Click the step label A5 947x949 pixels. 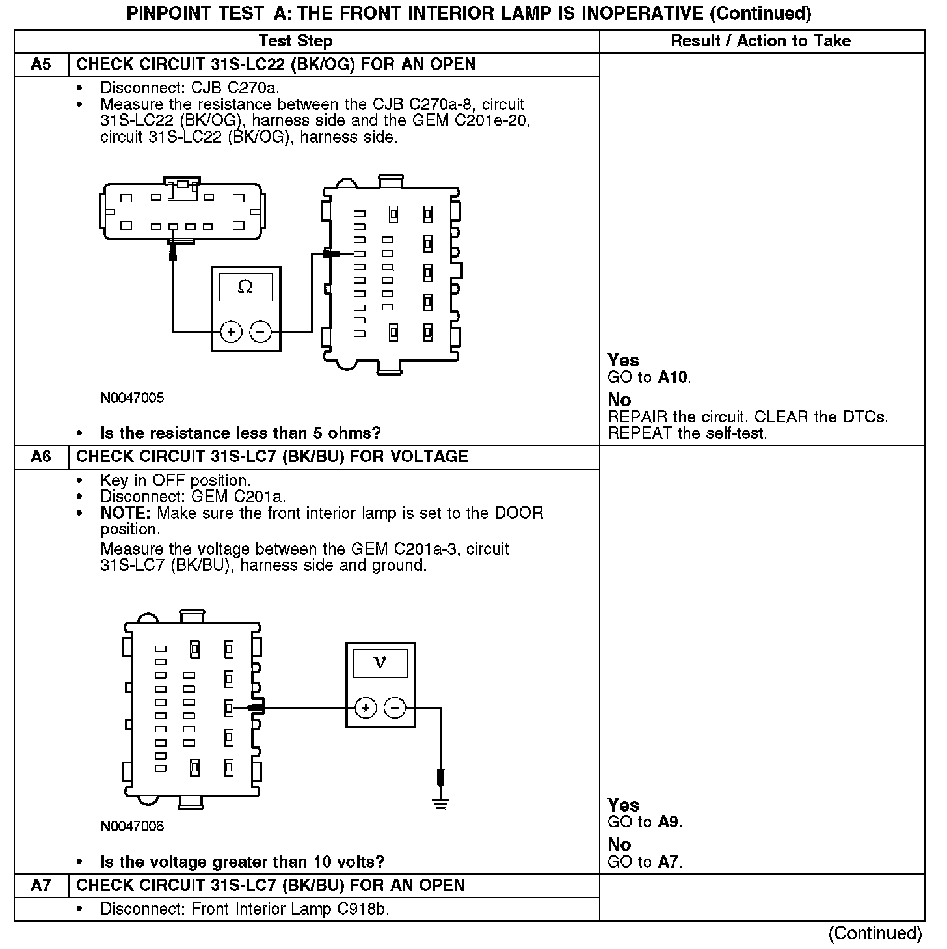[x=40, y=64]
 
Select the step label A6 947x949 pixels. [x=40, y=457]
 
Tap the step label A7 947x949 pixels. [x=40, y=886]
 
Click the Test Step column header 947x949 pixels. [x=295, y=41]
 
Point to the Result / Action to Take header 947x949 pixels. [x=760, y=41]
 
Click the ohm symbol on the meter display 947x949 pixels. [x=245, y=287]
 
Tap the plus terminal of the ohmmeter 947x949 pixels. [x=230, y=332]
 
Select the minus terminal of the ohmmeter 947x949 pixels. [x=260, y=332]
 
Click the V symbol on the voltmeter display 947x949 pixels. [x=380, y=663]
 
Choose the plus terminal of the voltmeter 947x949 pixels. [x=366, y=708]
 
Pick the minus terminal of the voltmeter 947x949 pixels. [x=395, y=708]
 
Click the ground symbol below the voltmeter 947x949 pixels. [x=440, y=802]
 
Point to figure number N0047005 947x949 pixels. [x=132, y=398]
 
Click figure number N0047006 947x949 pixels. [x=132, y=827]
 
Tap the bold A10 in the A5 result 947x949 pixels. [x=673, y=378]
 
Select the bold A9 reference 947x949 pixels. [x=669, y=822]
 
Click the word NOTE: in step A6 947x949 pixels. [x=126, y=514]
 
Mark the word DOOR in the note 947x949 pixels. [x=518, y=514]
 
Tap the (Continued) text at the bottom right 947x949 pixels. [x=875, y=933]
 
